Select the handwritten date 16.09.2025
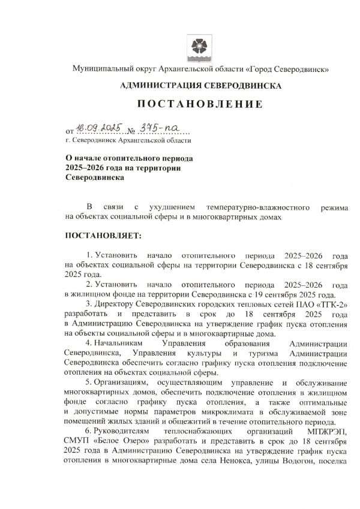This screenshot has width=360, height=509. (x=97, y=128)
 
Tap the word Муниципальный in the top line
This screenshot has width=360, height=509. (x=99, y=70)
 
